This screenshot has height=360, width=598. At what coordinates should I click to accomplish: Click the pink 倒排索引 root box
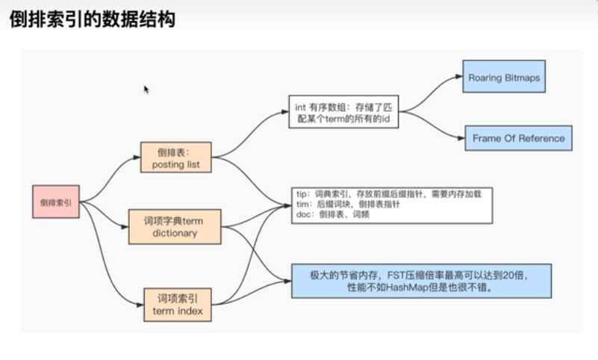[x=56, y=202]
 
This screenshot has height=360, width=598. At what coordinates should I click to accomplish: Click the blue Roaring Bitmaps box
[x=503, y=78]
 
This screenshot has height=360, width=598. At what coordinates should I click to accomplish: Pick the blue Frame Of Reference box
[x=518, y=138]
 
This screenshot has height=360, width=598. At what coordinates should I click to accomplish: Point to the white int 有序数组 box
[x=343, y=112]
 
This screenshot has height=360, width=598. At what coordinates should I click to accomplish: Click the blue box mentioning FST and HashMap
[x=422, y=280]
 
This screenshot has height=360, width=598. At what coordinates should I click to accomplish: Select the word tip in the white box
[x=301, y=193]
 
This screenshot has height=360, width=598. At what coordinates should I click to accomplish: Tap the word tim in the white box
[x=302, y=203]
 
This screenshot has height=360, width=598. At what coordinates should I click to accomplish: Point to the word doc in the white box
[x=302, y=213]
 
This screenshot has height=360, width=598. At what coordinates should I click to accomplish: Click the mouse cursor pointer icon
[x=146, y=89]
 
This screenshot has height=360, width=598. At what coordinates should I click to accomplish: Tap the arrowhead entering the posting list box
[x=137, y=158]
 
